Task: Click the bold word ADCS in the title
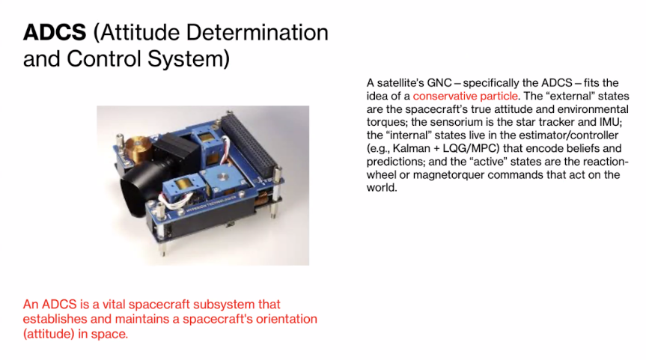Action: (55, 32)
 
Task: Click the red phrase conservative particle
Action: (465, 96)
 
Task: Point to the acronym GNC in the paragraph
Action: (439, 83)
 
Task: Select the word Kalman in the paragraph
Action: (411, 148)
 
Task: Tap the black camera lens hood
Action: (138, 192)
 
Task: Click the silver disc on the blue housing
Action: (223, 177)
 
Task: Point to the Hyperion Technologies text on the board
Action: (210, 204)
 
